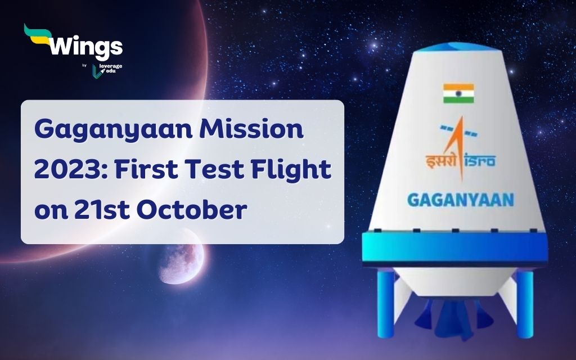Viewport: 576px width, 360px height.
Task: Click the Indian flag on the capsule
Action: click(458, 93)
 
